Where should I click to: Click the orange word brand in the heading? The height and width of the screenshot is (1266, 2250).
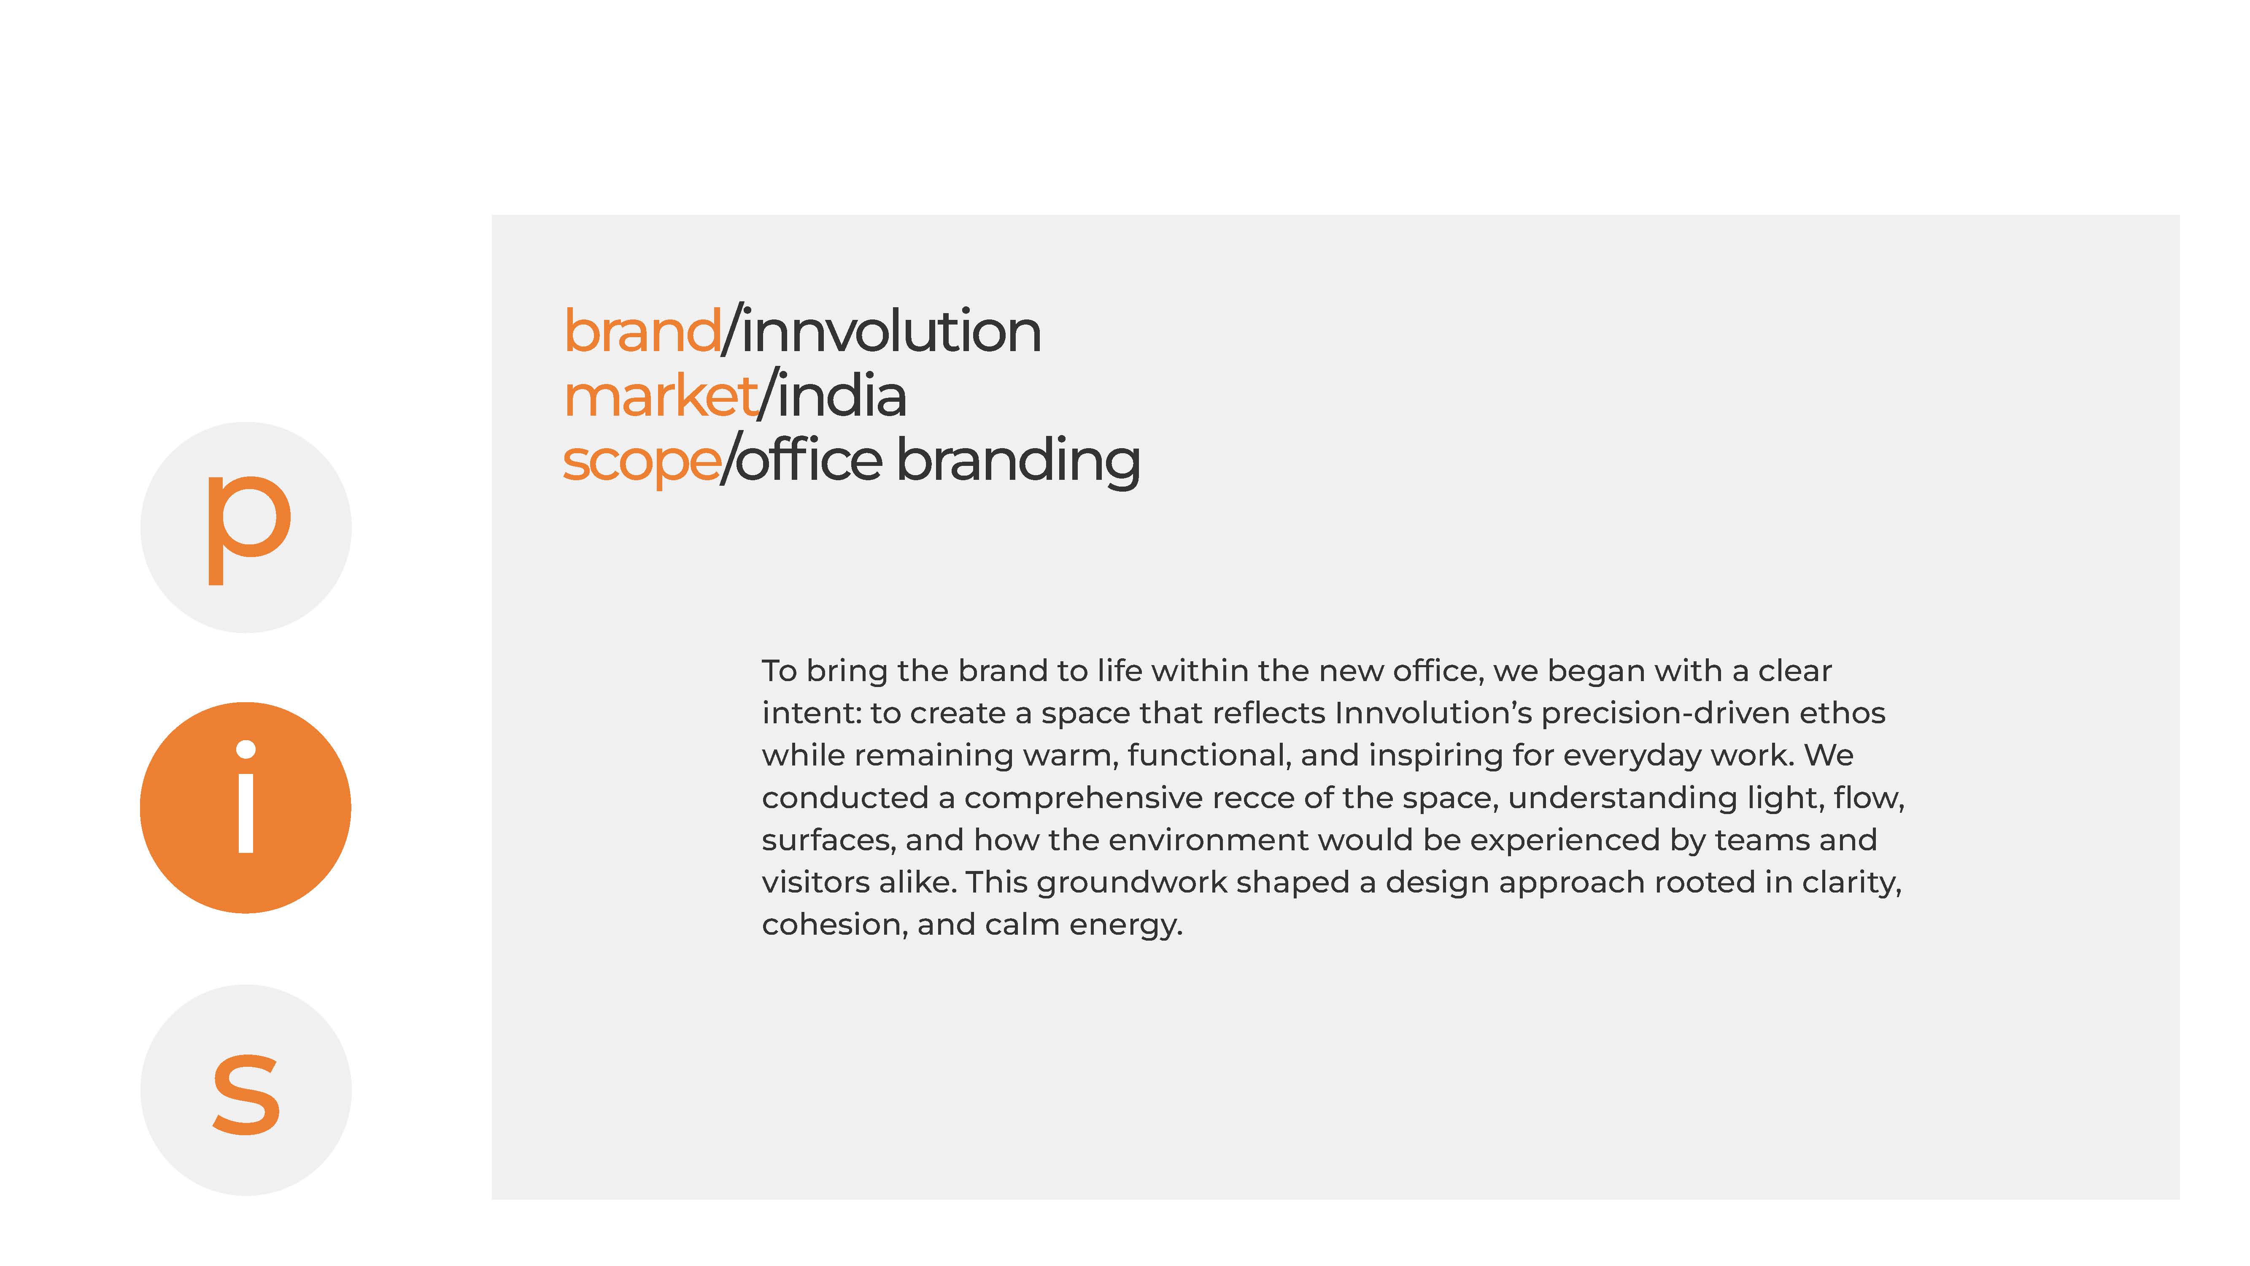click(642, 332)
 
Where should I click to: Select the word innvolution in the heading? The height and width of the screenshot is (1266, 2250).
click(891, 332)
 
